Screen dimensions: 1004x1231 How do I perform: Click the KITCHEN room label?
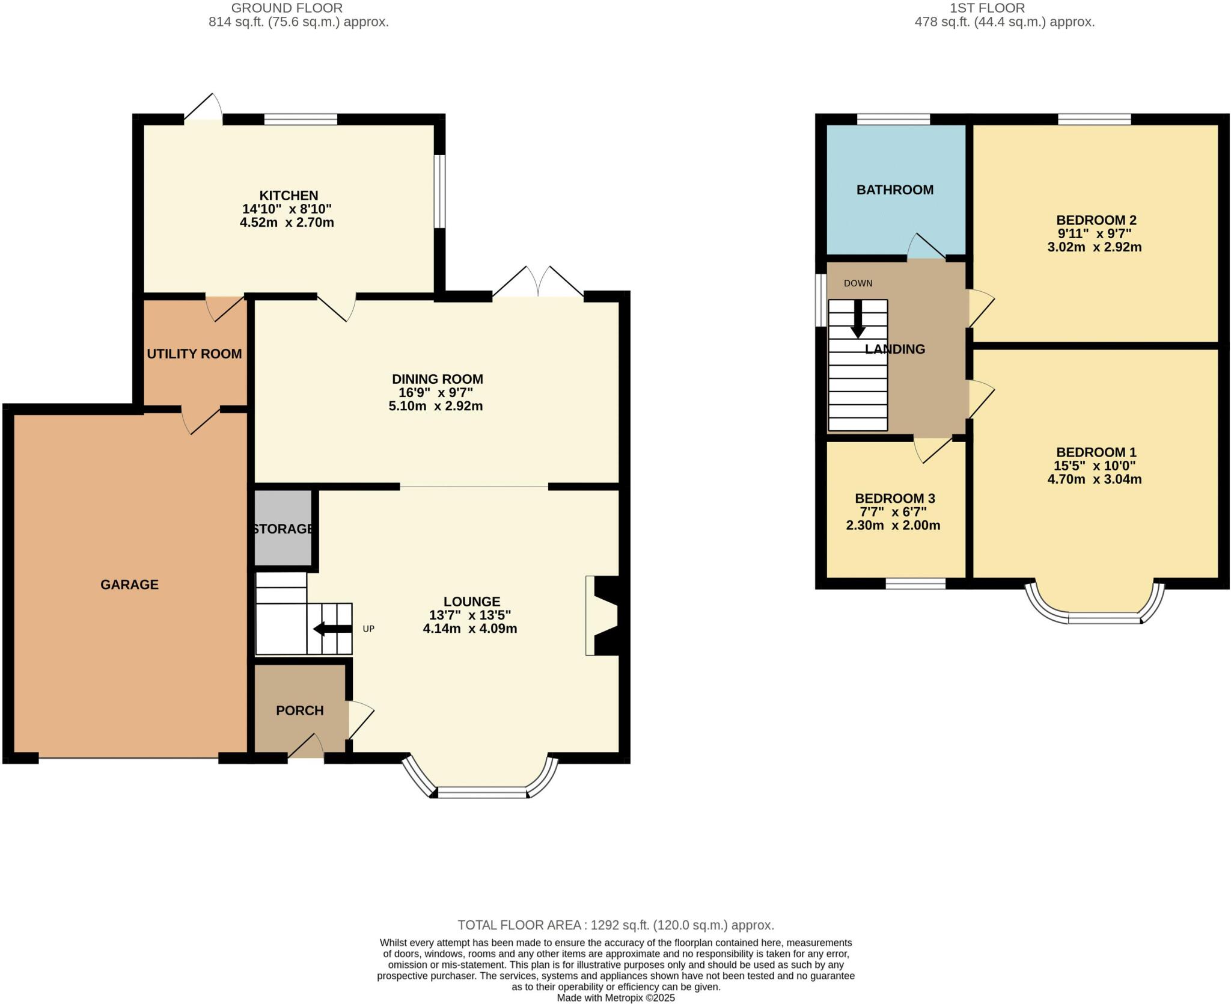pyautogui.click(x=288, y=196)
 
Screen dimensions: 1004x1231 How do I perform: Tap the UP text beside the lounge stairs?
pyautogui.click(x=368, y=629)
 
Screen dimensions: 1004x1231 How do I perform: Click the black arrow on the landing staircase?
pyautogui.click(x=858, y=318)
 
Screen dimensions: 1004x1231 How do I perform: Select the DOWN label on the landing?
pyautogui.click(x=858, y=283)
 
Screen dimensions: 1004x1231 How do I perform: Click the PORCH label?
pyautogui.click(x=299, y=710)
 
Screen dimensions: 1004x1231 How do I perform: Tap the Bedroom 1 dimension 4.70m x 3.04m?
pyautogui.click(x=1094, y=479)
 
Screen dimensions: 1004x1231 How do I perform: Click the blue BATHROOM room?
pyautogui.click(x=895, y=190)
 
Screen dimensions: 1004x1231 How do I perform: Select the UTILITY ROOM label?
pyautogui.click(x=194, y=354)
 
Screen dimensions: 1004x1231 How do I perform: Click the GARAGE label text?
pyautogui.click(x=129, y=584)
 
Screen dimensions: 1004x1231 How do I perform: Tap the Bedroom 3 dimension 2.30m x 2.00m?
pyautogui.click(x=893, y=525)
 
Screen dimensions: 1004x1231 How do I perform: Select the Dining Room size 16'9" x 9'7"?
pyautogui.click(x=436, y=392)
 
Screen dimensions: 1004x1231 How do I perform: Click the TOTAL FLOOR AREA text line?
pyautogui.click(x=615, y=925)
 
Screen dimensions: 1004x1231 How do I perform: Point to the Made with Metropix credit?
pyautogui.click(x=615, y=998)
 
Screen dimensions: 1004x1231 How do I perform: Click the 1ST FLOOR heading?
pyautogui.click(x=1004, y=8)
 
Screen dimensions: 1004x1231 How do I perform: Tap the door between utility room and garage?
pyautogui.click(x=201, y=419)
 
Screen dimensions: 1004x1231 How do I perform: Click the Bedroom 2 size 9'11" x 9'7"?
pyautogui.click(x=1094, y=233)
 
